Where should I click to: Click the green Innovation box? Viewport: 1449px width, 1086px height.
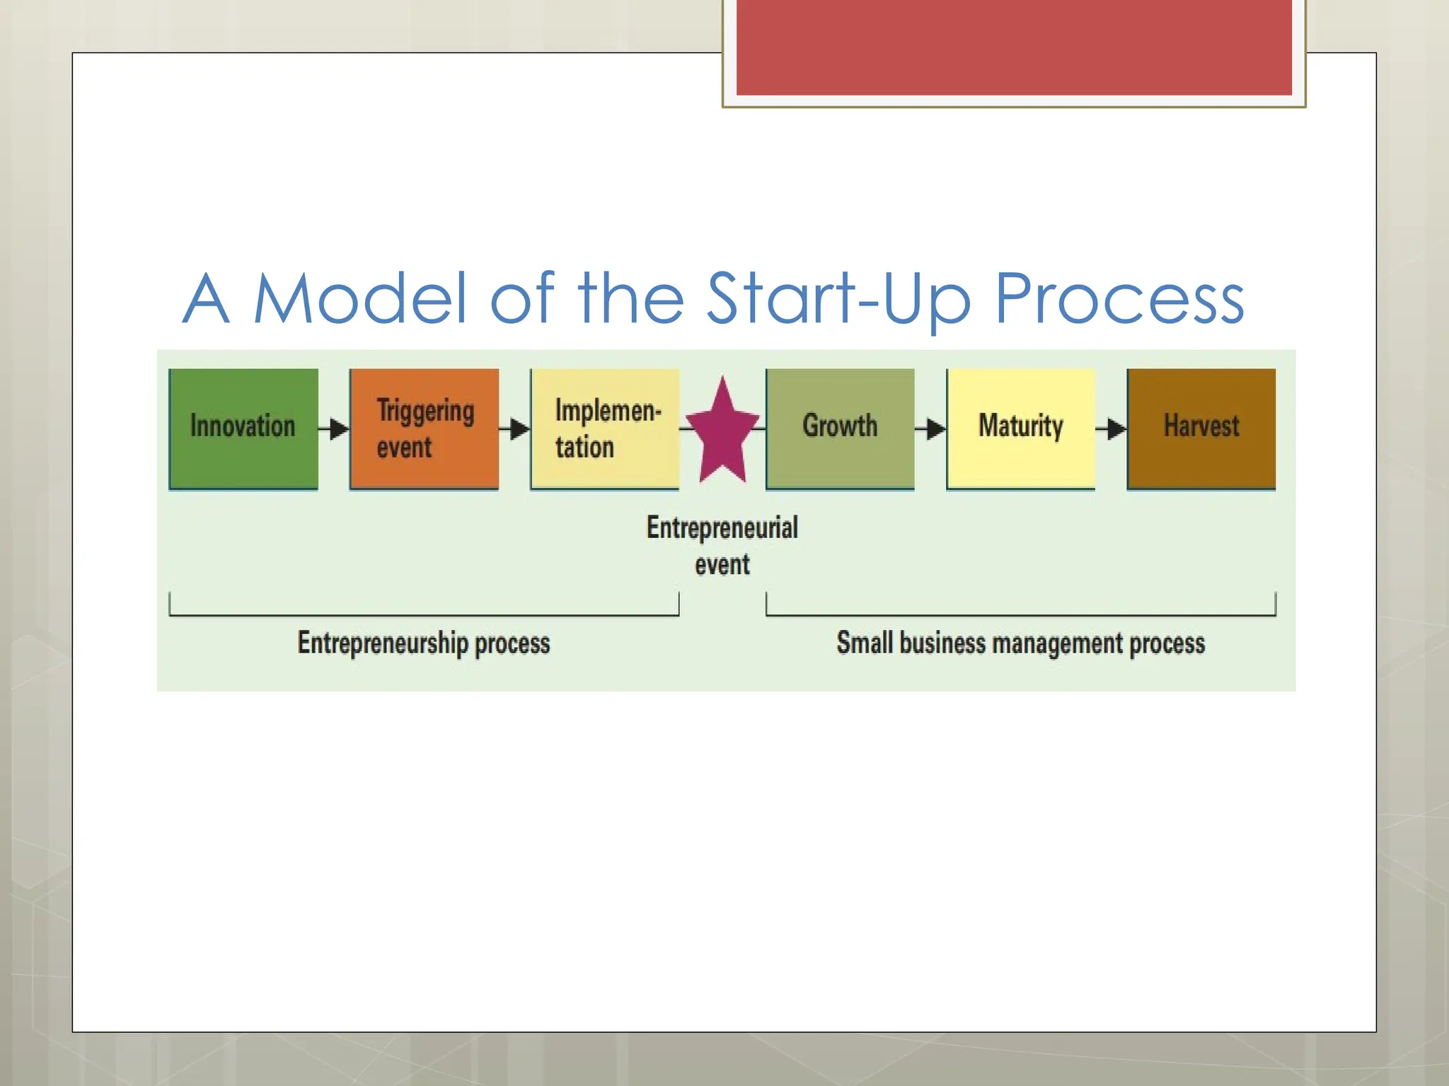[x=243, y=428]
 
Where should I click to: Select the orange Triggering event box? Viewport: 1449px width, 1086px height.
[x=424, y=428]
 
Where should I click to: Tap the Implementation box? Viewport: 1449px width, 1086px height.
[x=605, y=428]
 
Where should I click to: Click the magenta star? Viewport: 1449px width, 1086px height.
[x=722, y=433]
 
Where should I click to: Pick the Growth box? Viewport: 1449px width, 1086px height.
[x=840, y=428]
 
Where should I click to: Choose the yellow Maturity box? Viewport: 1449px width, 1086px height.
[x=1020, y=428]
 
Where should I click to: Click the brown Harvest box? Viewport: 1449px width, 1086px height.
[x=1201, y=428]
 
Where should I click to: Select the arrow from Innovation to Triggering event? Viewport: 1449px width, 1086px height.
[x=334, y=428]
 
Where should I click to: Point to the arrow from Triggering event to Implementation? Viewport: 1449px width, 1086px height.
[x=514, y=428]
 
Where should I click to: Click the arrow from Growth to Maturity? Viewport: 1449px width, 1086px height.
[x=930, y=428]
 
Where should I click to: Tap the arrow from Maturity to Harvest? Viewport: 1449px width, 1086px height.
[x=1111, y=428]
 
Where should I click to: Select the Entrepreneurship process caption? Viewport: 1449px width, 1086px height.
[x=423, y=643]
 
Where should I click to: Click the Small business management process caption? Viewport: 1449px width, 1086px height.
[x=1020, y=643]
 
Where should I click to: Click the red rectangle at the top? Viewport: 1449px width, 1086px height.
[x=1014, y=47]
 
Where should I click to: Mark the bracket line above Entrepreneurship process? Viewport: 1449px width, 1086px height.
[x=423, y=615]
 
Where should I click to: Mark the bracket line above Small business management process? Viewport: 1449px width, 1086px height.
[x=1020, y=615]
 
